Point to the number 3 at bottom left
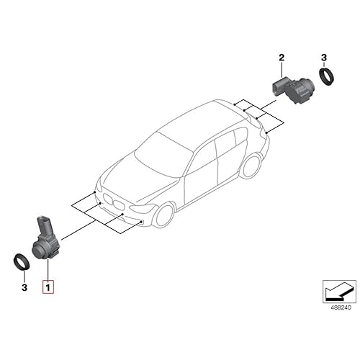[x=24, y=287]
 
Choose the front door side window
[x=203, y=155]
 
